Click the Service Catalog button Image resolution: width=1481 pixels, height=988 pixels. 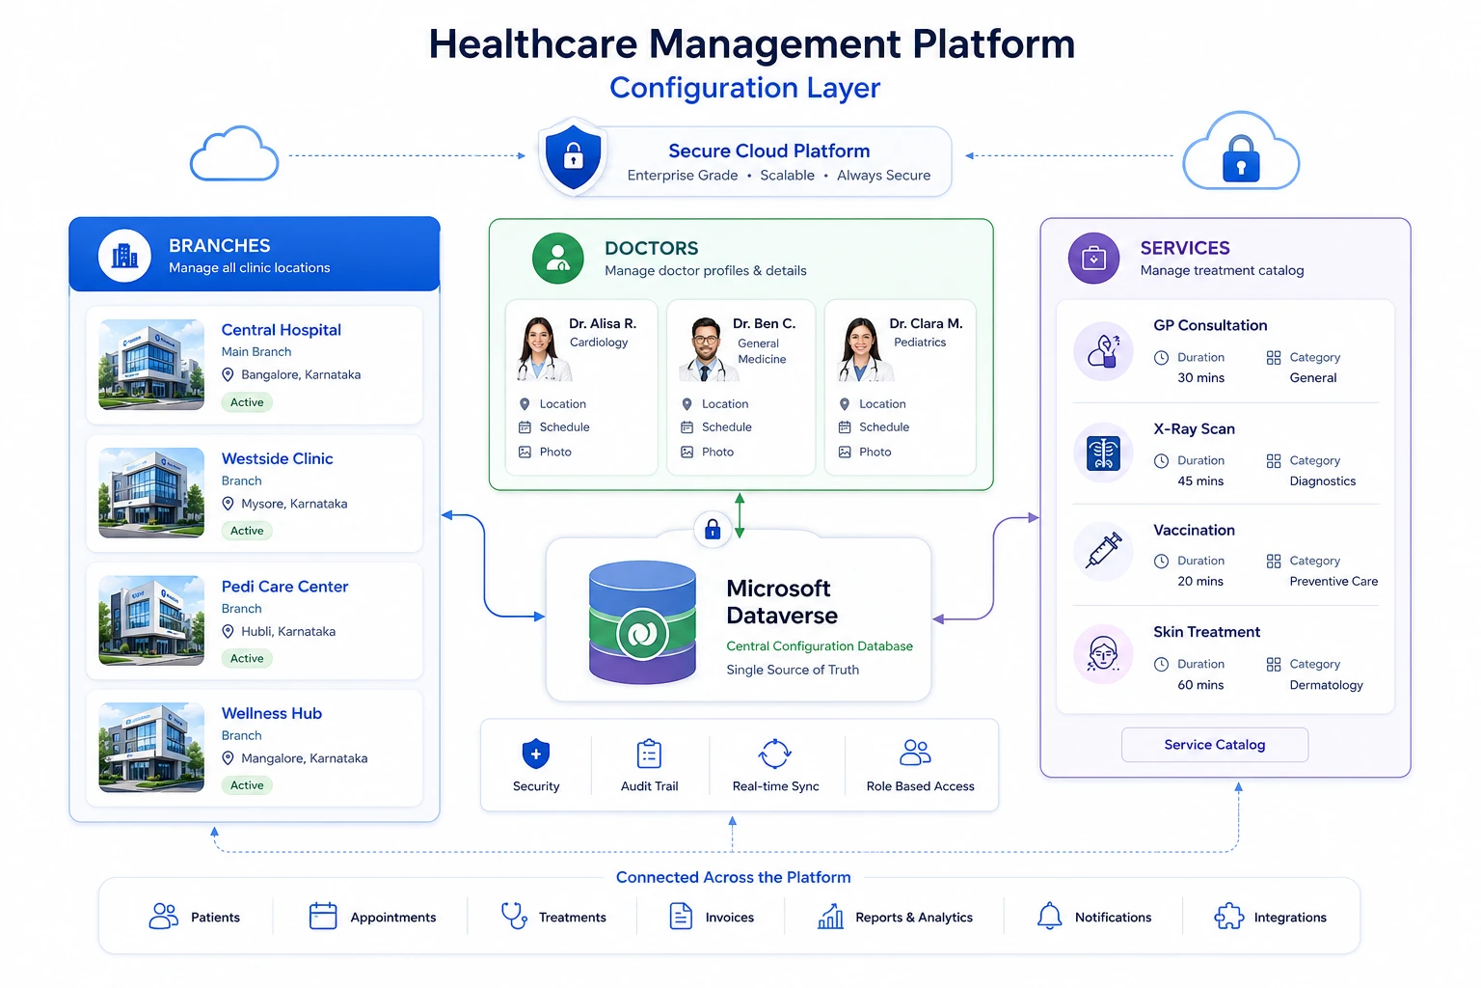pos(1214,745)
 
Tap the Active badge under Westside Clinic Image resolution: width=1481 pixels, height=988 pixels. pos(247,530)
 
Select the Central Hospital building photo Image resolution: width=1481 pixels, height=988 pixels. pos(151,364)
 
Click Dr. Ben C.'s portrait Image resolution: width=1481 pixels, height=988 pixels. pos(704,348)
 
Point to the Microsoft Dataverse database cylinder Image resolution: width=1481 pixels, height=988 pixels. pos(642,622)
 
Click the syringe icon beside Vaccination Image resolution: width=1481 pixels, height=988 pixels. pos(1103,551)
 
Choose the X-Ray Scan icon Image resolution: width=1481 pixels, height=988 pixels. pos(1103,453)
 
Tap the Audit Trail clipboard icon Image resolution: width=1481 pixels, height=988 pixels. pos(649,754)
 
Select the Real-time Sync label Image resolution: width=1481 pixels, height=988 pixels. pos(775,786)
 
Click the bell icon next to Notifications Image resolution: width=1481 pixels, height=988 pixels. pos(1049,916)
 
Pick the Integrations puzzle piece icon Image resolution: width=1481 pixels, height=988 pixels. pos(1228,917)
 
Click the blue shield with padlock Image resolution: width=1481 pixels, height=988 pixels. pos(574,157)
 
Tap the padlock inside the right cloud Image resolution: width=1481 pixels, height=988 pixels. pos(1240,159)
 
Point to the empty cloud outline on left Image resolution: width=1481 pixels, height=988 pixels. pos(234,153)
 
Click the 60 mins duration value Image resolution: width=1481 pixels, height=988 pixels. pos(1200,685)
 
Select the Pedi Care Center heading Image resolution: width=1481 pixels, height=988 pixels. pos(284,587)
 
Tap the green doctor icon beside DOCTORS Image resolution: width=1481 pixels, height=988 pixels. pos(557,258)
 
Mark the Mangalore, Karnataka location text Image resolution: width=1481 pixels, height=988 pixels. pos(304,758)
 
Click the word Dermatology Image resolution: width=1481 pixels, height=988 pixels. pos(1326,685)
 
